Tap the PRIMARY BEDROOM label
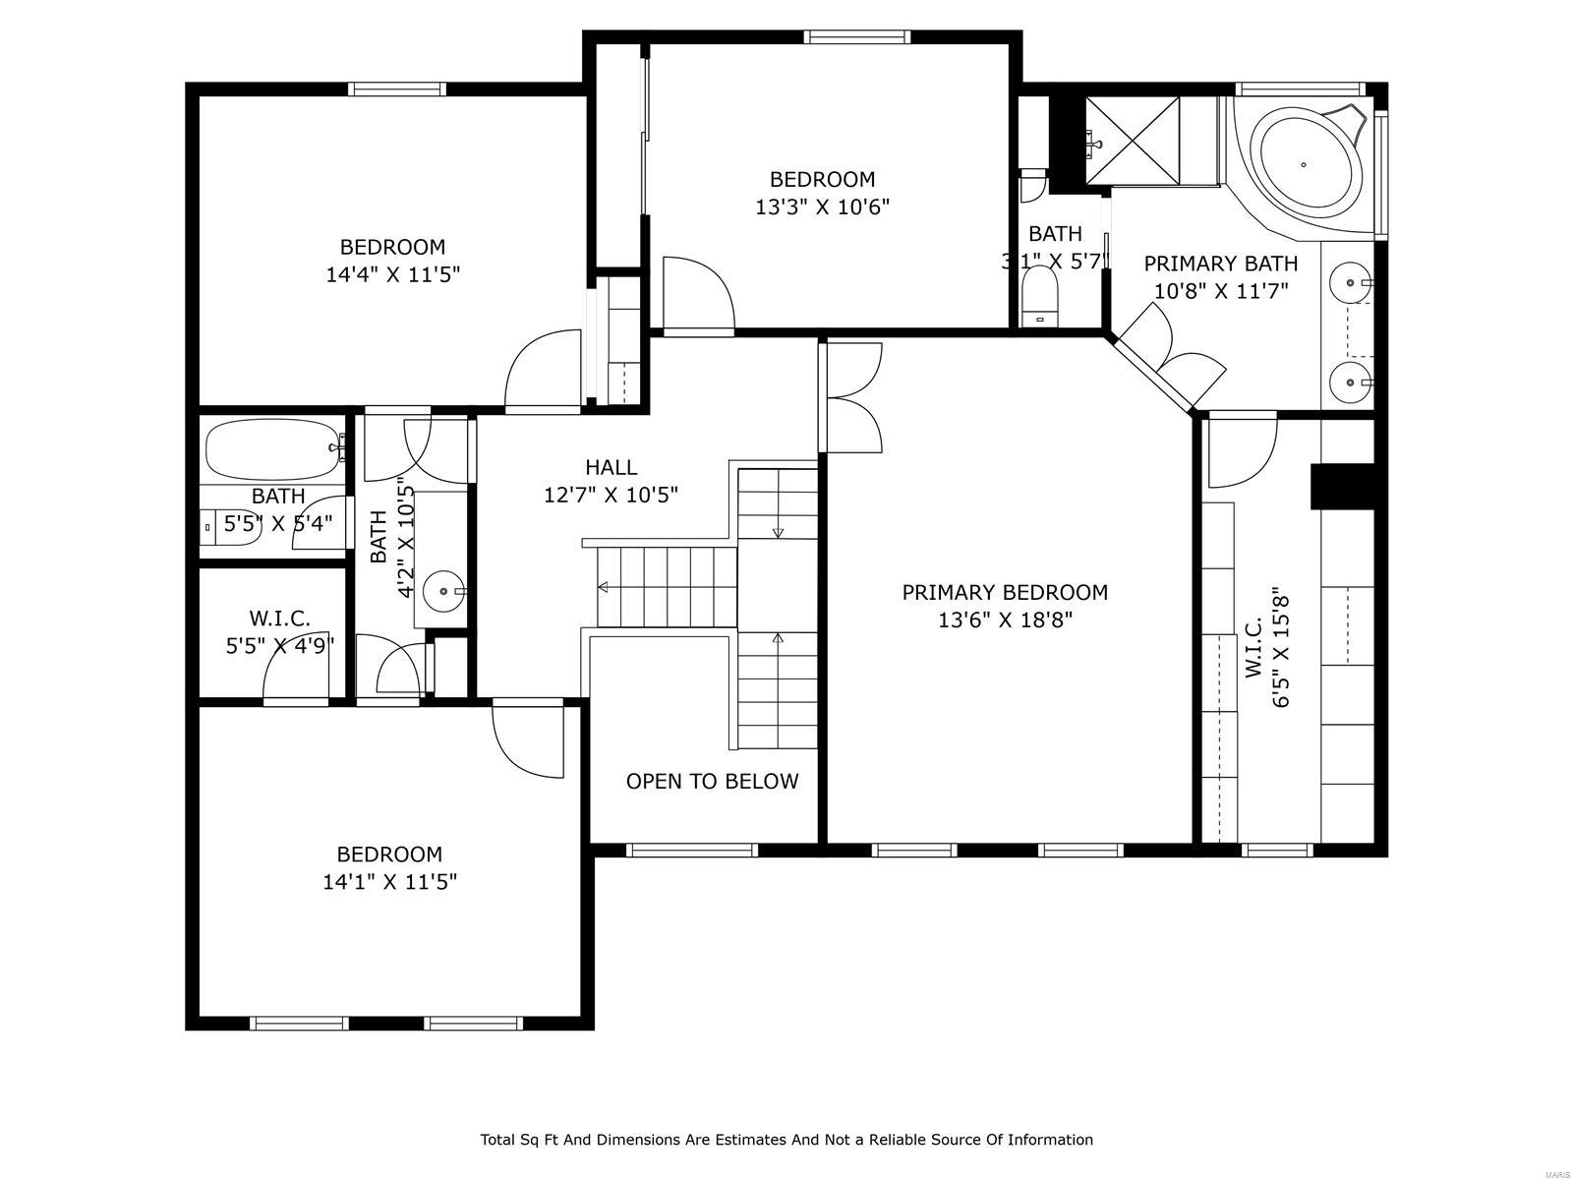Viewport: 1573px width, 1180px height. (x=1005, y=592)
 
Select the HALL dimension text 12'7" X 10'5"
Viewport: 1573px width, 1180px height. (x=611, y=495)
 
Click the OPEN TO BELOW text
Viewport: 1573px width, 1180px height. (x=712, y=781)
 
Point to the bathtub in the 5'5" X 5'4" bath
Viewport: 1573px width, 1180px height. (x=272, y=451)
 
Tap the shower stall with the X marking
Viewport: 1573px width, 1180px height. (x=1133, y=141)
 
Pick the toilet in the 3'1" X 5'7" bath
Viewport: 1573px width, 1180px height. (x=1038, y=294)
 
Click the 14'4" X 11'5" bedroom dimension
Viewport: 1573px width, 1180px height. (x=393, y=274)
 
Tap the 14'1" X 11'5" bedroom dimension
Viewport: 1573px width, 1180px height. (x=390, y=882)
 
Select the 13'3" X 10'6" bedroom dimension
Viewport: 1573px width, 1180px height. (x=822, y=206)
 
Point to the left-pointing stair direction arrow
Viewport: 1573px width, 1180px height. (x=603, y=587)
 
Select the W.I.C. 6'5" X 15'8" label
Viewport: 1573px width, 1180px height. (x=1266, y=649)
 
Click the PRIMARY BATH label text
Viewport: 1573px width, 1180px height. (x=1220, y=264)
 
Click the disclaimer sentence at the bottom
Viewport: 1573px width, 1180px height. (x=786, y=1140)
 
